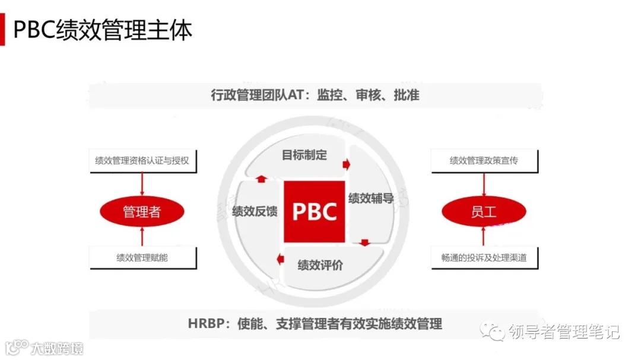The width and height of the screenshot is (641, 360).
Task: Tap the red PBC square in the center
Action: click(x=314, y=211)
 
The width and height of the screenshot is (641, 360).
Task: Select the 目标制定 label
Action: click(x=304, y=155)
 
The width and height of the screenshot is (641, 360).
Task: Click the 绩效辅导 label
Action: click(x=371, y=198)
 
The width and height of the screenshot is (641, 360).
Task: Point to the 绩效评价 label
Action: click(x=320, y=265)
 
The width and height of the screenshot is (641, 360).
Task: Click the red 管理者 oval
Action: click(x=142, y=212)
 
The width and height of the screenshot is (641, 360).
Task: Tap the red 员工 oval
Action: click(x=483, y=212)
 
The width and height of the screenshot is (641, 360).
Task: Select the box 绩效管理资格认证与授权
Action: click(x=142, y=161)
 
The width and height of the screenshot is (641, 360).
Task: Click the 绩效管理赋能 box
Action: click(x=142, y=257)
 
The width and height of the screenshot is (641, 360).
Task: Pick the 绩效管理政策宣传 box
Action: click(x=484, y=161)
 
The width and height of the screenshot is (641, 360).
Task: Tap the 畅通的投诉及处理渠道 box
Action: click(x=484, y=257)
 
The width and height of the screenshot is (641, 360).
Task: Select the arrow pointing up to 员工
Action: click(x=484, y=237)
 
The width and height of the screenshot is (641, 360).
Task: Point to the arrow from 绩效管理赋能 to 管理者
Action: click(x=142, y=237)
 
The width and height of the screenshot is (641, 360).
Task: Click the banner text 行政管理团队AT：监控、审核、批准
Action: click(x=315, y=95)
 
